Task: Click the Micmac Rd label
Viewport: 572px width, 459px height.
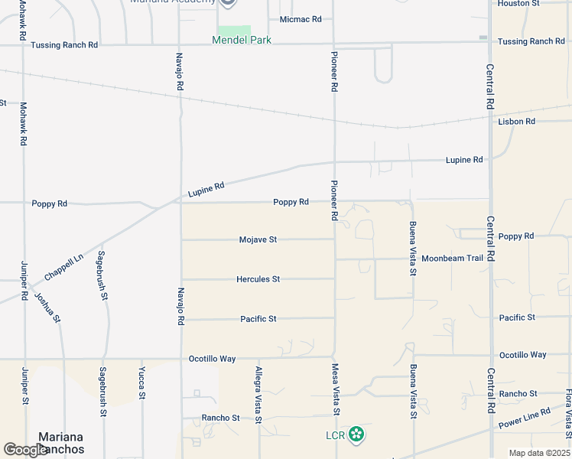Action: [x=301, y=19]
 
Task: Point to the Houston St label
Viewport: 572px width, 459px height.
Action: [x=540, y=4]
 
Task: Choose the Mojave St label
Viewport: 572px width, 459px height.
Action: [x=257, y=239]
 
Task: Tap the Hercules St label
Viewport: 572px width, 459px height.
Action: [x=258, y=279]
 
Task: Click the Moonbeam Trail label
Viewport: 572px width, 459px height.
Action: [x=452, y=258]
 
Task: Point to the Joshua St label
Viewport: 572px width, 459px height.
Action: [x=47, y=305]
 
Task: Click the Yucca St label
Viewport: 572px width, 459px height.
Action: [x=142, y=382]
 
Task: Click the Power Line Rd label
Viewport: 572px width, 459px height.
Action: [x=524, y=418]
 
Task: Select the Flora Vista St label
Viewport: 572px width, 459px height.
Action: [x=568, y=409]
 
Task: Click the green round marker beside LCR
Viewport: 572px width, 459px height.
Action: [x=356, y=435]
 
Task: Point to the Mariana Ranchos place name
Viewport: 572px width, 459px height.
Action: [x=56, y=444]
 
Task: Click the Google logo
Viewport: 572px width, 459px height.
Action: [x=26, y=451]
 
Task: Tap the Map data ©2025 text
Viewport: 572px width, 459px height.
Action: [x=540, y=453]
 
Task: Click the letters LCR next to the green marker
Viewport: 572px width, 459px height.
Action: [x=334, y=436]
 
